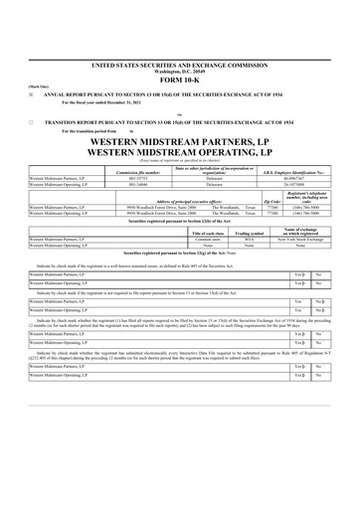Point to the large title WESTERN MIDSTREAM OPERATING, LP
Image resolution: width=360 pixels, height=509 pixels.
point(179,155)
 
